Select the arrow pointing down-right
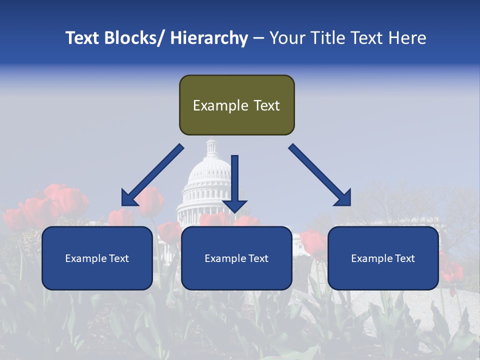click(320, 175)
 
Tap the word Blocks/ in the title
click(131, 38)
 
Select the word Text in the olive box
click(266, 105)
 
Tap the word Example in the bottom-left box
click(86, 258)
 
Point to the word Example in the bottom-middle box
click(225, 258)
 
